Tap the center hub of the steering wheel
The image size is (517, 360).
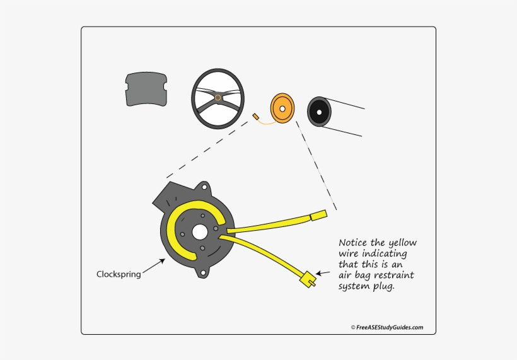(218, 98)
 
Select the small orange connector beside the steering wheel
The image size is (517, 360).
(255, 117)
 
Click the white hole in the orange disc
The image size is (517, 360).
(283, 108)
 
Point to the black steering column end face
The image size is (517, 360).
(319, 113)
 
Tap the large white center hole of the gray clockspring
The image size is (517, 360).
(200, 231)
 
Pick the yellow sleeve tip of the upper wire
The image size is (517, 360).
(318, 216)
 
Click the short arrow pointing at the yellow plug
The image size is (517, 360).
(323, 274)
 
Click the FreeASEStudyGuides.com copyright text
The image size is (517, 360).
(386, 327)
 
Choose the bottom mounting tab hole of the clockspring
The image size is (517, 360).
(201, 272)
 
